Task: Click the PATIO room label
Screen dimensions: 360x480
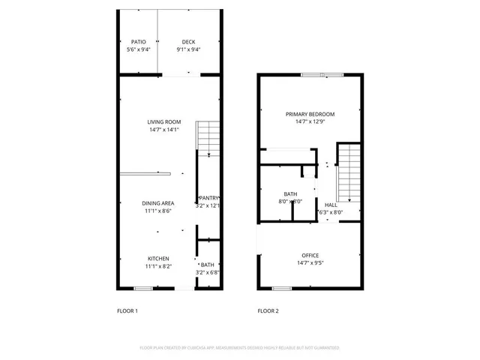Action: [139, 42]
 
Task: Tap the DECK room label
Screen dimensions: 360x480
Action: [189, 42]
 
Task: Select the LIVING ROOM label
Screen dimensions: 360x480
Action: [163, 122]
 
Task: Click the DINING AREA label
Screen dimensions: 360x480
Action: [158, 203]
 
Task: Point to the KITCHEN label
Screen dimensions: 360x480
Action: [157, 258]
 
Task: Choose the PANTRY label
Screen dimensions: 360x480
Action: [208, 198]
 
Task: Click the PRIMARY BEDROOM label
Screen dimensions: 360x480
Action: [310, 114]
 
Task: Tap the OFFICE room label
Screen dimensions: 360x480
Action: [310, 256]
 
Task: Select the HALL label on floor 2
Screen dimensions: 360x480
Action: [331, 205]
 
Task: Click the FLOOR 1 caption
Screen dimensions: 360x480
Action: [127, 310]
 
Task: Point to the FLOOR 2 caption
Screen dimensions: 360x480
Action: [268, 310]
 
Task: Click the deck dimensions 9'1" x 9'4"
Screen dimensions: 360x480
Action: [189, 49]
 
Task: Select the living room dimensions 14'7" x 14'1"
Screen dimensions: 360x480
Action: [163, 130]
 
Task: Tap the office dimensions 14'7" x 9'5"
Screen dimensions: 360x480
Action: [310, 263]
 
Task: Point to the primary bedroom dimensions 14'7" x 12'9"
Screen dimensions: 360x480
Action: [310, 121]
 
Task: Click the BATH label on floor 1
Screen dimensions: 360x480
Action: [208, 265]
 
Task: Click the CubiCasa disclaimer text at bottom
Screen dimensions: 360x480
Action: [240, 348]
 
